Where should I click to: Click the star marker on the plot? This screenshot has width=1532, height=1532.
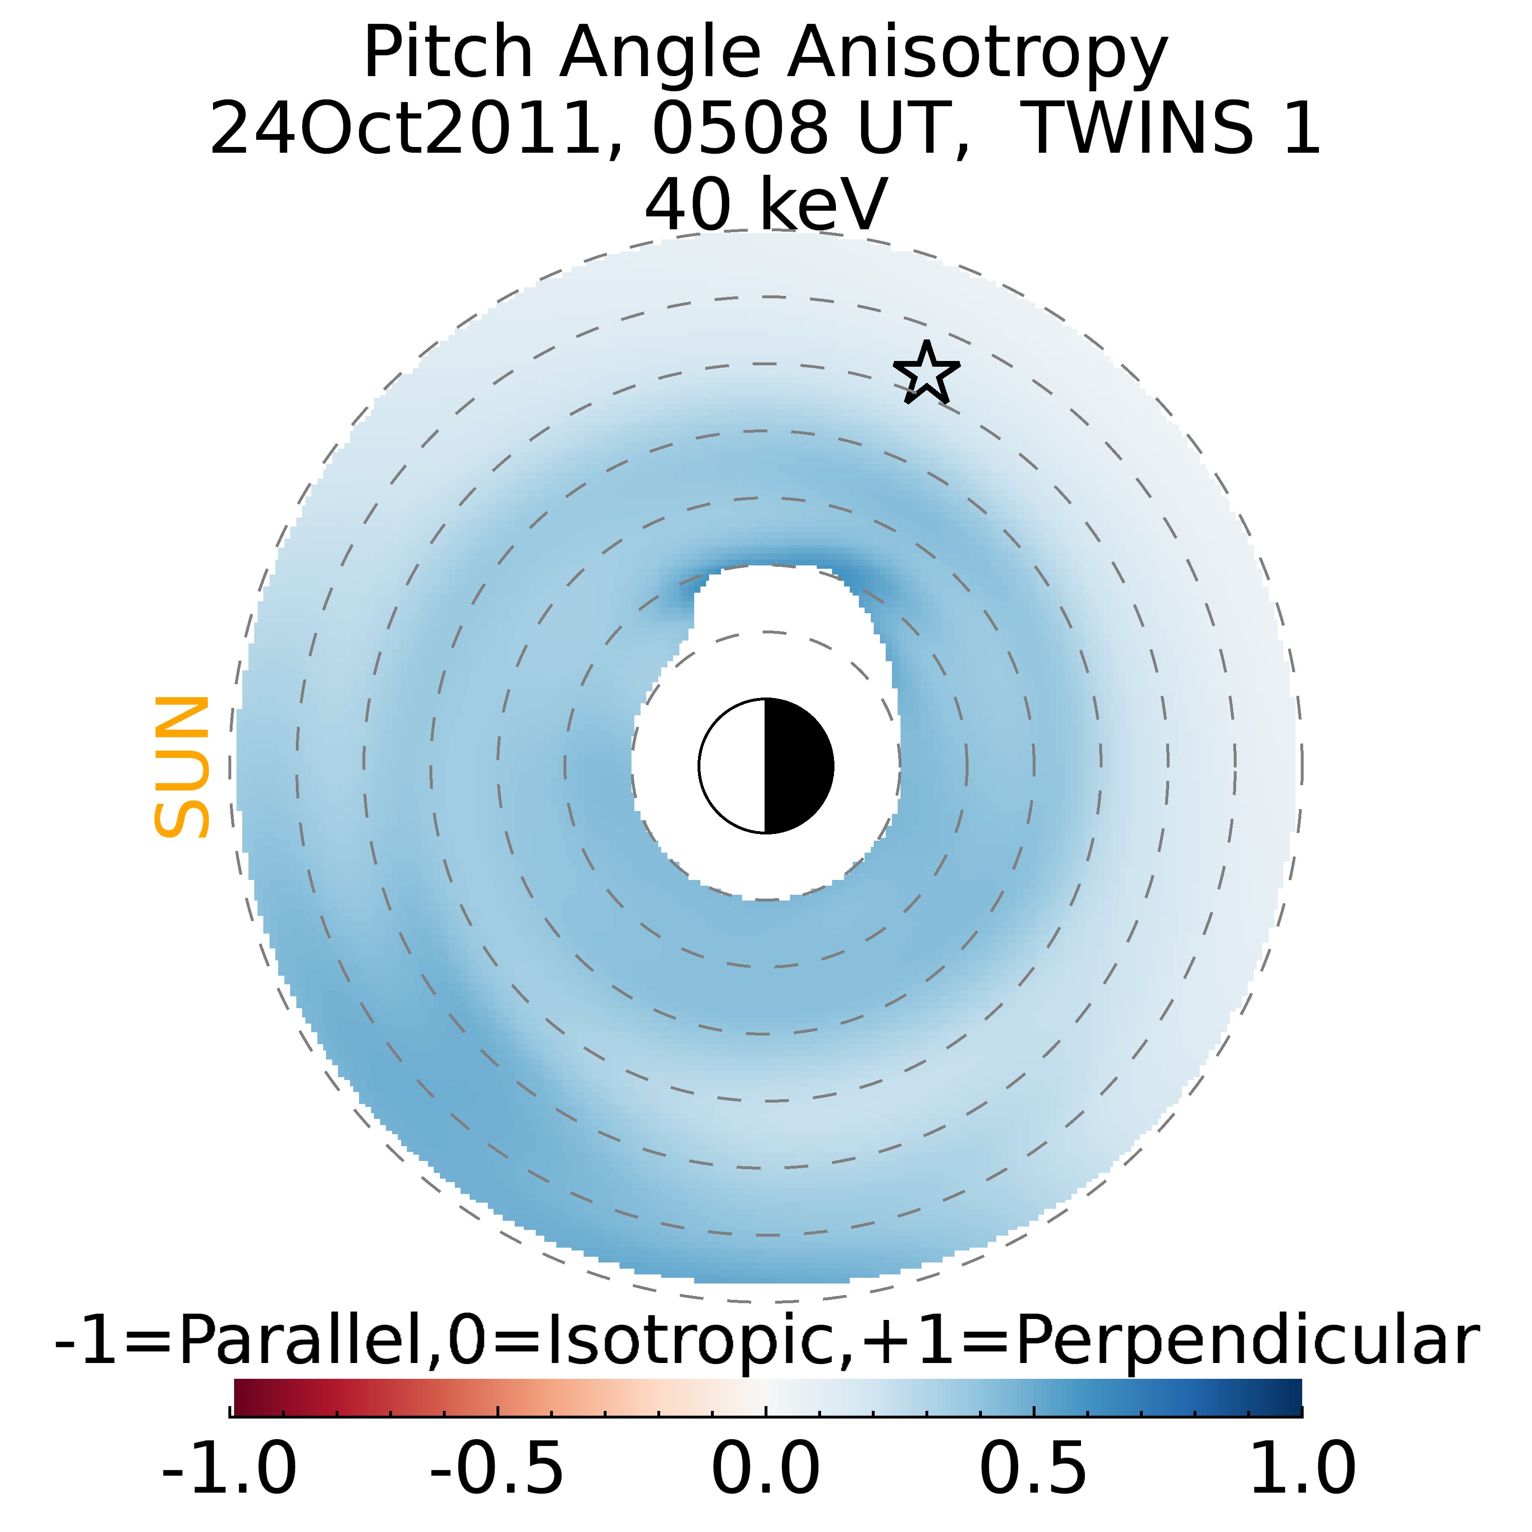(x=926, y=372)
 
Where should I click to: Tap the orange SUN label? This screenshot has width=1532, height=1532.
(x=181, y=767)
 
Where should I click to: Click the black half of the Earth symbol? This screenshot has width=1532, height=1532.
(x=798, y=766)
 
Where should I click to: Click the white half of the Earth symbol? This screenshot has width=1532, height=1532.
(x=732, y=766)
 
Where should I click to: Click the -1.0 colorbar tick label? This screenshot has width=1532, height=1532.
(x=229, y=1468)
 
